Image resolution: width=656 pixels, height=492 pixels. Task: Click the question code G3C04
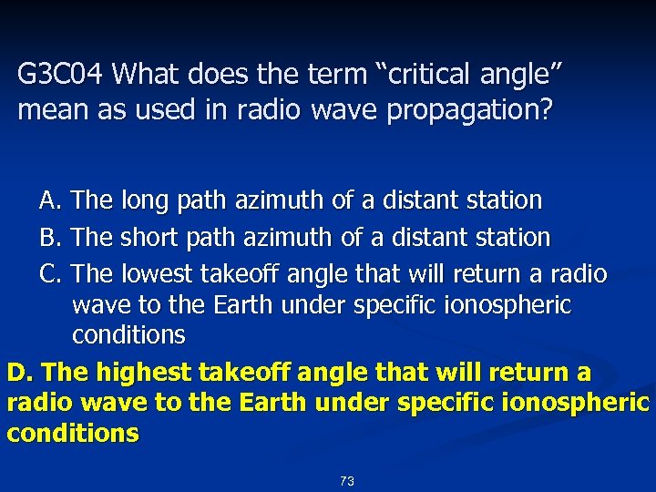(62, 73)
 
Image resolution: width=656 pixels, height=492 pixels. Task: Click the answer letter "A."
(51, 200)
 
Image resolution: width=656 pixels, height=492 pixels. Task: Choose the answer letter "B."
(51, 238)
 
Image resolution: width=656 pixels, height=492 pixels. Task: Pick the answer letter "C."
(51, 274)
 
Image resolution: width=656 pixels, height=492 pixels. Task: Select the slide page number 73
(346, 481)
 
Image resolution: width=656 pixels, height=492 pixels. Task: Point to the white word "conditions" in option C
(128, 335)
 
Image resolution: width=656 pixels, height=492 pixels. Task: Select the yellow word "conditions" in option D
(73, 433)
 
